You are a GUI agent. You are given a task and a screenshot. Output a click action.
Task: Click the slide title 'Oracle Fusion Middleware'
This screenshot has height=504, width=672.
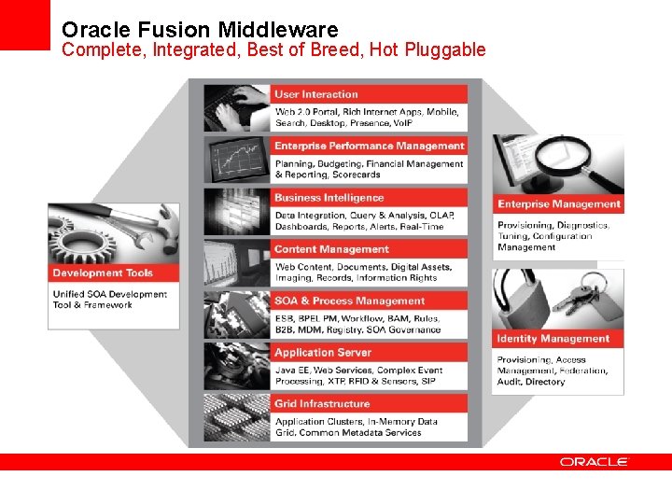tap(200, 29)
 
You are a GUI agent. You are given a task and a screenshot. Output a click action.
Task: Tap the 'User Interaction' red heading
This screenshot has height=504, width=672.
tap(316, 94)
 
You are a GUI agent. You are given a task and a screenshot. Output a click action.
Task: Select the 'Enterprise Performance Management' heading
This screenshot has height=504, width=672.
tap(368, 146)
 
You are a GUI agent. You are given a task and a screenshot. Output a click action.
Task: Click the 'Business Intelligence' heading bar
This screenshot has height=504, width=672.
tap(329, 198)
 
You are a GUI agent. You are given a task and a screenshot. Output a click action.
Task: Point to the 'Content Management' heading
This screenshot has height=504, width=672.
tap(331, 249)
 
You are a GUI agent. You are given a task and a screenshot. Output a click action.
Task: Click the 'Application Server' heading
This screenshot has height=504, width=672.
tap(322, 353)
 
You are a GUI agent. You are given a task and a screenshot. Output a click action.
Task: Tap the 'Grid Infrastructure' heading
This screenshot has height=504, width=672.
tap(321, 404)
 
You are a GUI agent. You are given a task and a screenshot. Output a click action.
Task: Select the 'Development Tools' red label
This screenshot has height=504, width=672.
tap(103, 273)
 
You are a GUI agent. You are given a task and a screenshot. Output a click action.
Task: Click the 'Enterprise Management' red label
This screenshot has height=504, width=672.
tap(558, 204)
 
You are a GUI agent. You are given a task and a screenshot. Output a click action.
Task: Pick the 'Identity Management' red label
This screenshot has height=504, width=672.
tap(553, 339)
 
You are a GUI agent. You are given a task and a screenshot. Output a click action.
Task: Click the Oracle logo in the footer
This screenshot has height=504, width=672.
tap(595, 462)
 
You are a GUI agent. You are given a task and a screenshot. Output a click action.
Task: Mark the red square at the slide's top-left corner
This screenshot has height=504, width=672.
tap(25, 25)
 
